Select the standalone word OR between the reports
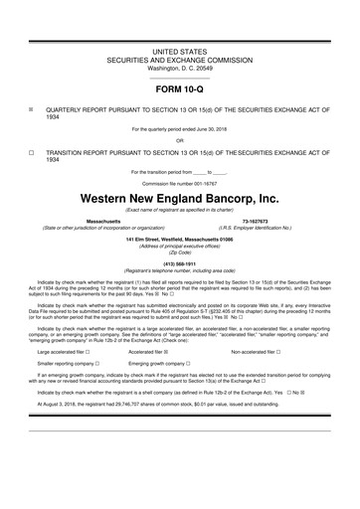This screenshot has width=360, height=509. [180, 139]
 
